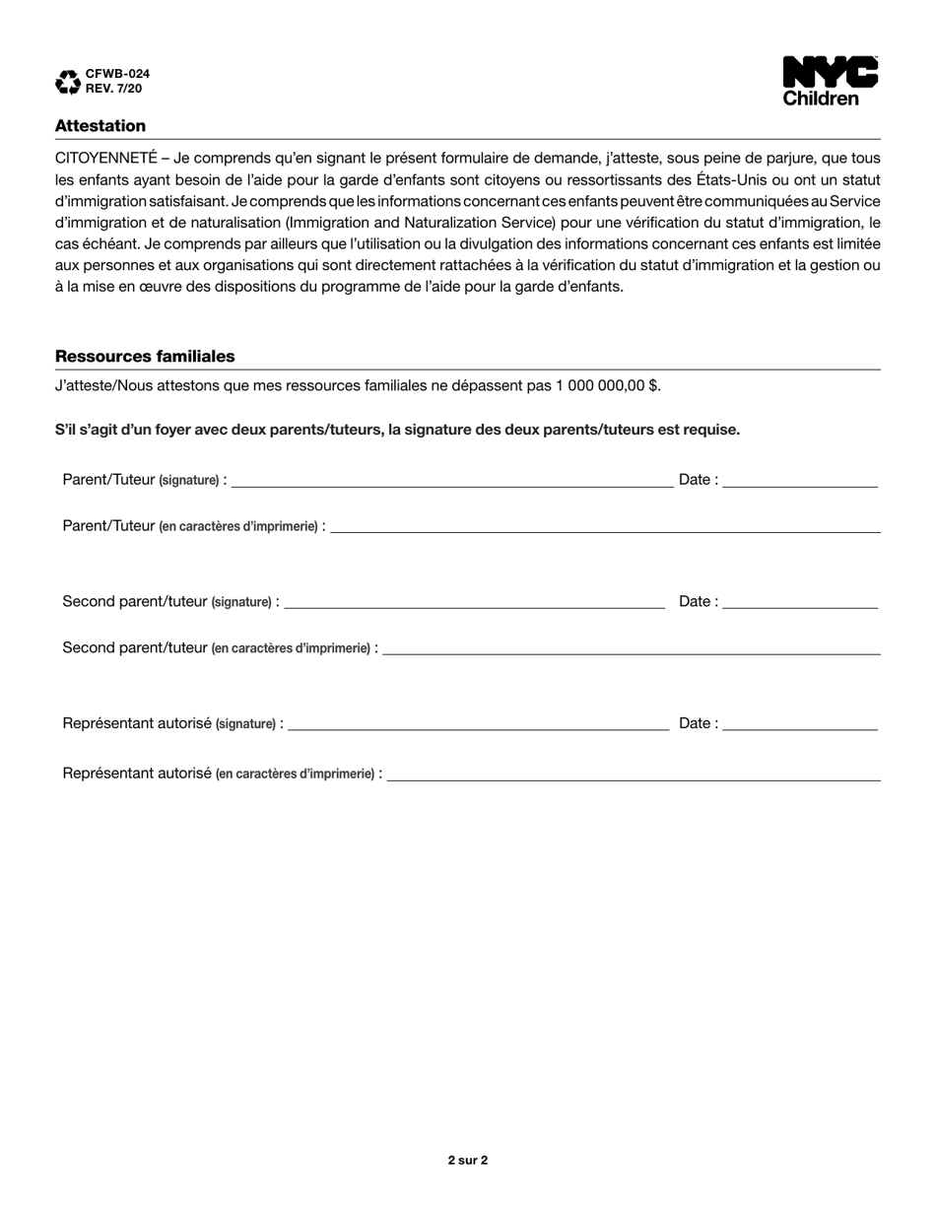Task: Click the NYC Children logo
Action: tap(830, 81)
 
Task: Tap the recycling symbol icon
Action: tap(68, 82)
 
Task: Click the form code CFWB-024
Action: tap(118, 74)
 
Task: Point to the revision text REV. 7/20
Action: tap(114, 88)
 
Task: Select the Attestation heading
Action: tap(100, 126)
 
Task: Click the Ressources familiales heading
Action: tap(145, 357)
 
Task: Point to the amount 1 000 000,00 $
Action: tap(608, 385)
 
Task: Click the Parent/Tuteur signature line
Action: tap(451, 481)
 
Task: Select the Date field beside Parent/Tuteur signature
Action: tap(799, 481)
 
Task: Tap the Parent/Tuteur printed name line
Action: tap(605, 527)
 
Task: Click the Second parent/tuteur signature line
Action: tap(474, 603)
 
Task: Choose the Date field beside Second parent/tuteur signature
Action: tap(799, 603)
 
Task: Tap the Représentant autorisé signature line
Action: tap(478, 724)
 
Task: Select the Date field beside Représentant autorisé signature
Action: tap(799, 724)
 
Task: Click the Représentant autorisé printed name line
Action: tap(634, 774)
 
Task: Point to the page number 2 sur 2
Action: tap(468, 1160)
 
